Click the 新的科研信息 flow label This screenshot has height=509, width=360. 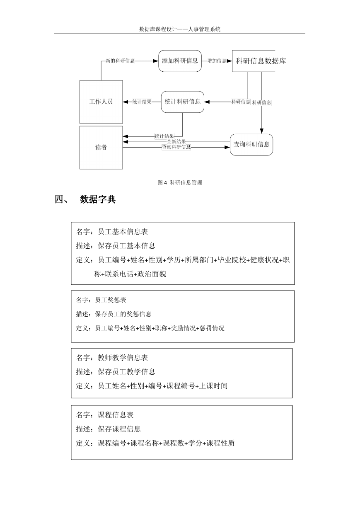coord(120,61)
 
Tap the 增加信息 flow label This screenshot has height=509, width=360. coord(217,61)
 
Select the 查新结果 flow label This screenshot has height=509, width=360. coord(176,142)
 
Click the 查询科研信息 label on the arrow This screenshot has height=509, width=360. coord(176,147)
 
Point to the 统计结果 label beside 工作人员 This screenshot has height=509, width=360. coord(142,102)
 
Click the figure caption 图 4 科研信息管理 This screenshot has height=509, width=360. coord(180,182)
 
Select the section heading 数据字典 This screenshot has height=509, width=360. coord(98,199)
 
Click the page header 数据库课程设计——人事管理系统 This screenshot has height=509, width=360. coord(180,29)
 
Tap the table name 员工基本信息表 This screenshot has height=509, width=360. coord(123,232)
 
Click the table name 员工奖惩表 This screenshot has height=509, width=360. coord(110,300)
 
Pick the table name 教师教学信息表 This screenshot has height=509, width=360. coord(123,357)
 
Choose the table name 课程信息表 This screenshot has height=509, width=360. coord(116,414)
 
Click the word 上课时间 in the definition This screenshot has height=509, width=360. coord(213,385)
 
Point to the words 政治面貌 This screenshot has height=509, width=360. coord(152,274)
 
